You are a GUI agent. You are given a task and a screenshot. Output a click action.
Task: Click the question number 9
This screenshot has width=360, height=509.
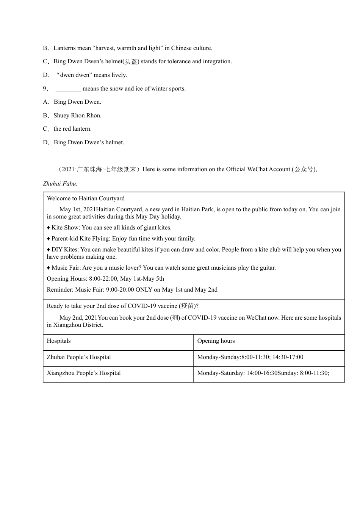click(x=45, y=89)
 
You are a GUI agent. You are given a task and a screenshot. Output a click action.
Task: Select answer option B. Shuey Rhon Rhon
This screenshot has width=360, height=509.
click(x=77, y=116)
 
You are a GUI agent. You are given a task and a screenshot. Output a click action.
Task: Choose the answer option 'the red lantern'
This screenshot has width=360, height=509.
click(x=72, y=129)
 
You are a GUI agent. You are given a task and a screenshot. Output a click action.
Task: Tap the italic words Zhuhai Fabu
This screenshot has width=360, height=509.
click(x=60, y=184)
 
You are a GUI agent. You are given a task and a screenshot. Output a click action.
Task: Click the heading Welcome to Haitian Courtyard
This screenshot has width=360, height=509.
click(x=86, y=198)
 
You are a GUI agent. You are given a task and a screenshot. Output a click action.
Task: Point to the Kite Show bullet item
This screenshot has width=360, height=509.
click(x=109, y=228)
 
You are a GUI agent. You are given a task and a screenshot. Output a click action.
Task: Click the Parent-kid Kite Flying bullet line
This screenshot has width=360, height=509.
click(x=121, y=239)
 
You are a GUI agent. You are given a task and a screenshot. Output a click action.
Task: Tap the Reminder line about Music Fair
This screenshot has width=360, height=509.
click(x=132, y=290)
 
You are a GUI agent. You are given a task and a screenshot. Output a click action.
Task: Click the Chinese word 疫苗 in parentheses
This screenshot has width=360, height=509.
click(x=187, y=306)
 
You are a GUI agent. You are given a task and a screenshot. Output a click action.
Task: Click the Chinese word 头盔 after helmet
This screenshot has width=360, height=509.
click(x=131, y=61)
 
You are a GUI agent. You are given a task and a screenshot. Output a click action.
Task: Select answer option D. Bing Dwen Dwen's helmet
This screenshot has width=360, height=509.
click(x=89, y=142)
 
